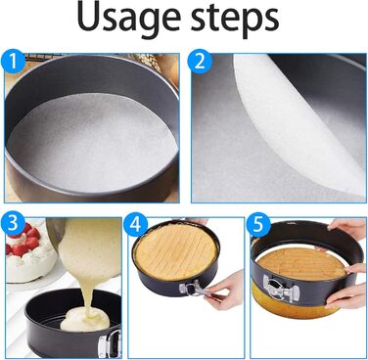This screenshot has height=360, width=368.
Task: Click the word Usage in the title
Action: pyautogui.click(x=127, y=18)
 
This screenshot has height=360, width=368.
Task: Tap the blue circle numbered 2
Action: pyautogui.click(x=200, y=62)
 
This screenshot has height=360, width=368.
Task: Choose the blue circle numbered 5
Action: pyautogui.click(x=257, y=224)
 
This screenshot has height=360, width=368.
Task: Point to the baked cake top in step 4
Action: pyautogui.click(x=176, y=250)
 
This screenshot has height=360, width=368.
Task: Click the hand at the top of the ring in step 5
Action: pyautogui.click(x=347, y=226)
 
